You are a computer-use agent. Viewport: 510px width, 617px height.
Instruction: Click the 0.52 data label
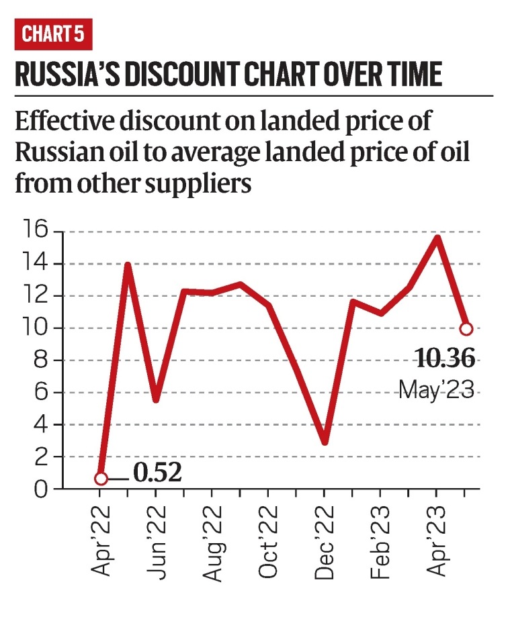click(157, 474)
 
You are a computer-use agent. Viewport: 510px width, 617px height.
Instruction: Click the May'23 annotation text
click(437, 389)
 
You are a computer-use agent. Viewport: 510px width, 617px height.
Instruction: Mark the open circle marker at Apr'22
click(101, 479)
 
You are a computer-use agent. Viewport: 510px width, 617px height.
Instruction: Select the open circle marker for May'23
click(466, 329)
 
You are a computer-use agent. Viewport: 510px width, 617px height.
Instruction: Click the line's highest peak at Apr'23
click(438, 237)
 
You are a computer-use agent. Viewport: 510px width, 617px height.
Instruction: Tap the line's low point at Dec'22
click(325, 442)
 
